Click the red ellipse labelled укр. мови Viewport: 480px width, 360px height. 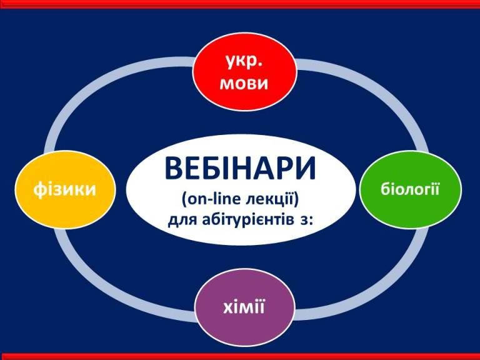[x=244, y=72]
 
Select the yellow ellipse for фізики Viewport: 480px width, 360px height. [x=65, y=189]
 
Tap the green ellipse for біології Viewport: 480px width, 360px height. [x=410, y=189]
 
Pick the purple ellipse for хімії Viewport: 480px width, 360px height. [x=244, y=307]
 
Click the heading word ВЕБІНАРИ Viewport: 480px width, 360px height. [x=240, y=169]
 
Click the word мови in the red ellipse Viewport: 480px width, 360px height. [x=244, y=83]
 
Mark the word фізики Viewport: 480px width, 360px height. [x=64, y=189]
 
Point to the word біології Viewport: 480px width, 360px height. [x=410, y=189]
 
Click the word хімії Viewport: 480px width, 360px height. [x=244, y=307]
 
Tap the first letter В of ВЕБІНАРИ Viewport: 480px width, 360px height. [x=173, y=169]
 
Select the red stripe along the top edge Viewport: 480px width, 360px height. [x=240, y=4]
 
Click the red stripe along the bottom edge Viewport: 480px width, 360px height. [x=240, y=356]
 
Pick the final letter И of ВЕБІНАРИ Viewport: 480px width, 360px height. [x=306, y=169]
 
